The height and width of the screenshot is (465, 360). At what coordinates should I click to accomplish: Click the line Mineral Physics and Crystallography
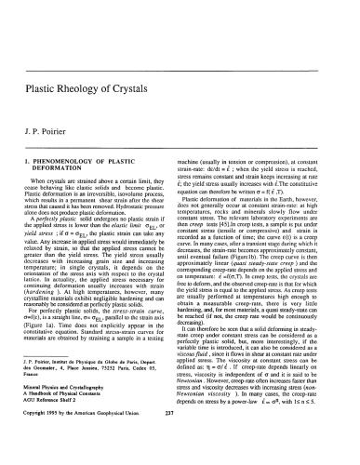pos(76,405)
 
